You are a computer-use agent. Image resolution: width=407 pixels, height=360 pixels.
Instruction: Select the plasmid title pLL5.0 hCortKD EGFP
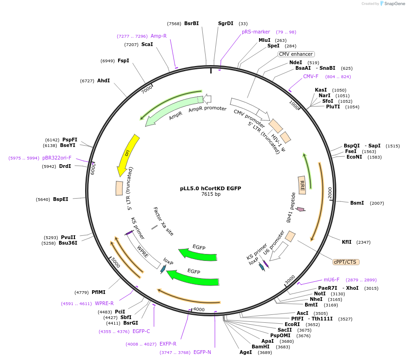click(x=210, y=188)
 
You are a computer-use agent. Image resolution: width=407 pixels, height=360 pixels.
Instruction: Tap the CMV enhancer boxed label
click(x=296, y=54)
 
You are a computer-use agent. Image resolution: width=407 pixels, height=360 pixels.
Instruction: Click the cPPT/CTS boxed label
click(x=345, y=262)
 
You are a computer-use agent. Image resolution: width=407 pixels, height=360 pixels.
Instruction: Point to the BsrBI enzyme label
click(x=191, y=23)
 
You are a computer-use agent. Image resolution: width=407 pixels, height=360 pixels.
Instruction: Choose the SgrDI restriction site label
click(x=226, y=23)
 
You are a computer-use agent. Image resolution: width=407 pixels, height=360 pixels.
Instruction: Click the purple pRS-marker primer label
click(x=256, y=32)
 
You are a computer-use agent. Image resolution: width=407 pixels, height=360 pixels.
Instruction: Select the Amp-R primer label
click(x=159, y=36)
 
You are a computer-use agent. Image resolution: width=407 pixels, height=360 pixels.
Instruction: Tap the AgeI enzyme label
click(x=246, y=352)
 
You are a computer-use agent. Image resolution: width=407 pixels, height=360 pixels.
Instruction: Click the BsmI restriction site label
click(x=357, y=203)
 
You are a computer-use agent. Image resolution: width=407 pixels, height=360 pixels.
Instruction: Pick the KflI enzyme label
click(x=347, y=242)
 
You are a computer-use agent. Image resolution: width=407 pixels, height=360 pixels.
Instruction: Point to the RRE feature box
click(x=302, y=185)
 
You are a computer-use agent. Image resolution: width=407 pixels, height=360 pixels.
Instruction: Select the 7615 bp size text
click(x=211, y=194)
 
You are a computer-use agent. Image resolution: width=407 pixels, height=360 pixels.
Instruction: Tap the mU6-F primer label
click(x=332, y=280)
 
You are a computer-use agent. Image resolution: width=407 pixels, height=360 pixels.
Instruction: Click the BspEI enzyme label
click(x=60, y=199)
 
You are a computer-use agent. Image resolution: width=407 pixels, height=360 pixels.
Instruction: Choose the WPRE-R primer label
click(x=104, y=303)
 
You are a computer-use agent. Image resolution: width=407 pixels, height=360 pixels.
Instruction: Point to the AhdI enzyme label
click(x=103, y=80)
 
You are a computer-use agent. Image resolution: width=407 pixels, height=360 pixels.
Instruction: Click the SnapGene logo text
click(x=394, y=4)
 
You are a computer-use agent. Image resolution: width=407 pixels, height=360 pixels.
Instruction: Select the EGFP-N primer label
click(x=202, y=352)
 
